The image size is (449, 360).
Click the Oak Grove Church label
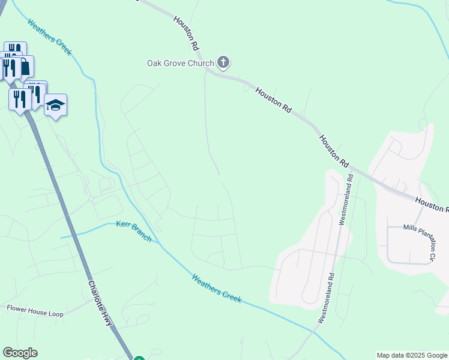click(x=181, y=63)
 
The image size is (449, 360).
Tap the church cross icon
click(x=223, y=62)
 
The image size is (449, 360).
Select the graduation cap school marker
click(x=55, y=105)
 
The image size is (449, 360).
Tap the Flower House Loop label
click(x=35, y=308)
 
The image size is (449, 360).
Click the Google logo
click(x=20, y=353)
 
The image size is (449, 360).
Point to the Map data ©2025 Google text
click(x=411, y=355)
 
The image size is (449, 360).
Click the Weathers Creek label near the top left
click(x=50, y=37)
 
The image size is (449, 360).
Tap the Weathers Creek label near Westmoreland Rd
click(x=217, y=288)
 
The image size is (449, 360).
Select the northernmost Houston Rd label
click(x=186, y=32)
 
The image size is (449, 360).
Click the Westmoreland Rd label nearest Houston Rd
click(x=346, y=199)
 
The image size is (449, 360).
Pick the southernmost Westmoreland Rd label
click(x=325, y=298)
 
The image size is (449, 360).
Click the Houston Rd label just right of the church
click(x=273, y=100)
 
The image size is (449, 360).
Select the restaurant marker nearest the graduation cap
click(x=36, y=94)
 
